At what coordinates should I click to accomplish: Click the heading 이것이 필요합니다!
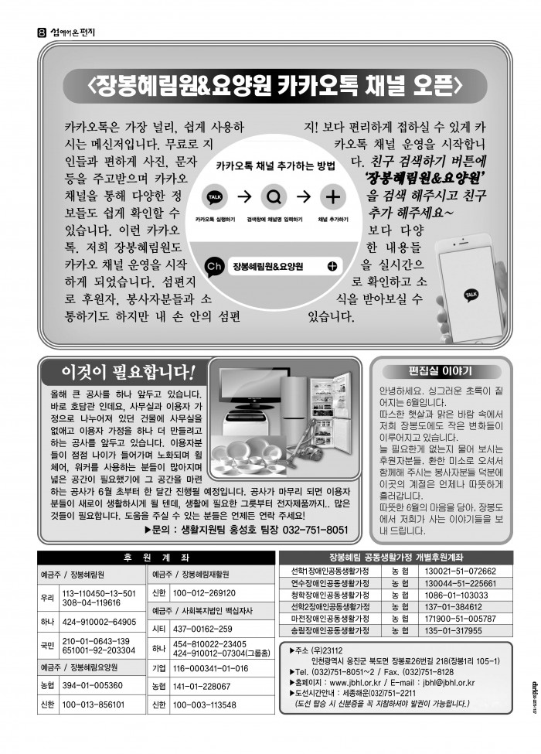coord(128,371)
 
